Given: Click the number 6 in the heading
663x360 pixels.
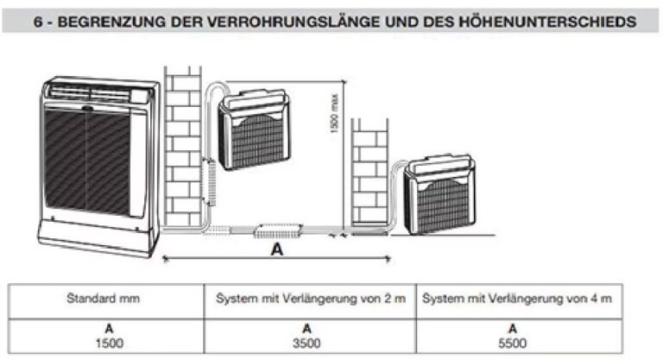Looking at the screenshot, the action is coord(38,22).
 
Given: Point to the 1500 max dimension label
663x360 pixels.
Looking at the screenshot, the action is coord(334,113).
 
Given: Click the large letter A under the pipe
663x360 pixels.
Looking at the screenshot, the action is coord(277,249).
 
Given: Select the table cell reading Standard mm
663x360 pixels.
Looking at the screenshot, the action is coord(104,298).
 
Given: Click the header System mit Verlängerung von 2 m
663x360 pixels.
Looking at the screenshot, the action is coord(311,299).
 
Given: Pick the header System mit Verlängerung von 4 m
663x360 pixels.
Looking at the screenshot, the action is coord(517,299).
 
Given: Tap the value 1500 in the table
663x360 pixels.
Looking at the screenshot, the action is coord(109,343).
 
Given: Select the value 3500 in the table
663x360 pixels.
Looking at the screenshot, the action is coord(306,343).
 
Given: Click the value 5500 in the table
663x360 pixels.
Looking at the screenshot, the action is coord(513,343).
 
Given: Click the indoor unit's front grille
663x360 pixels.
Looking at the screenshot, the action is coord(87,162).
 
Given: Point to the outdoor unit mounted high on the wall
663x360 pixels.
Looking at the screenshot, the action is coord(254,129).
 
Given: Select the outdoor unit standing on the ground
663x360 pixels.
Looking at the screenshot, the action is coord(439,194).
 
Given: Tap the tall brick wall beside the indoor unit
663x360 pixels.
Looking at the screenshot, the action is coord(182,146).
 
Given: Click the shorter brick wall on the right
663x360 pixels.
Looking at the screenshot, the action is coord(369,171).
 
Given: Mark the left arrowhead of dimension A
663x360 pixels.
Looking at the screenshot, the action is coord(166,258).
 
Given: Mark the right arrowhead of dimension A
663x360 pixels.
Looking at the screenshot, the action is coord(388,258).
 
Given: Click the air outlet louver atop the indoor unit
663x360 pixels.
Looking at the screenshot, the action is coord(91,92).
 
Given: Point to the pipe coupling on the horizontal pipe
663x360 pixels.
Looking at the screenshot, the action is coord(278,231).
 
